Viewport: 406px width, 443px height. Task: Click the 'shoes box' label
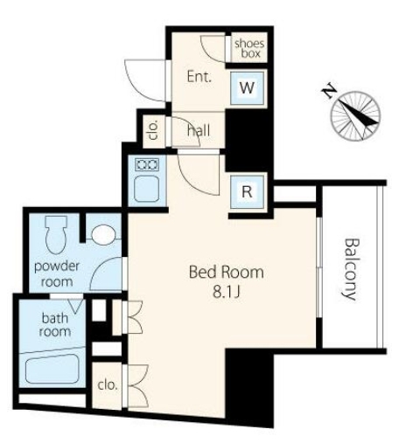(249, 49)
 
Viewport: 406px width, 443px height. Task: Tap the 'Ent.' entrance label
(199, 77)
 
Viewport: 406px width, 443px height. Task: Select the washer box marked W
(247, 87)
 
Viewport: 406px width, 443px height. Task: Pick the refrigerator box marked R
(247, 191)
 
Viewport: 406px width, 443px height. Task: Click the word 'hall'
(199, 130)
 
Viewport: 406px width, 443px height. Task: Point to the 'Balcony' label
(351, 269)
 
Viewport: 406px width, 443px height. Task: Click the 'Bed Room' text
(227, 272)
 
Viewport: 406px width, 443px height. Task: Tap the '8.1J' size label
(226, 292)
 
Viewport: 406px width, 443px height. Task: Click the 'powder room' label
(57, 273)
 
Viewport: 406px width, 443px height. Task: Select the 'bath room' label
(55, 325)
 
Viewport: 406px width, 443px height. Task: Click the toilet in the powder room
(56, 234)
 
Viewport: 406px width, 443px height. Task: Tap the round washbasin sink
(103, 235)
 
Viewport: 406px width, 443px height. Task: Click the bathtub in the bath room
(52, 369)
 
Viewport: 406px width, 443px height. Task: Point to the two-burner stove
(147, 165)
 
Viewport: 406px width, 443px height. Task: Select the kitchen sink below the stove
(147, 190)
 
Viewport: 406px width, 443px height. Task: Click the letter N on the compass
(329, 91)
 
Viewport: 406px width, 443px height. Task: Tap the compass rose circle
(355, 116)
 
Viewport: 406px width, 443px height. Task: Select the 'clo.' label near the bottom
(108, 384)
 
